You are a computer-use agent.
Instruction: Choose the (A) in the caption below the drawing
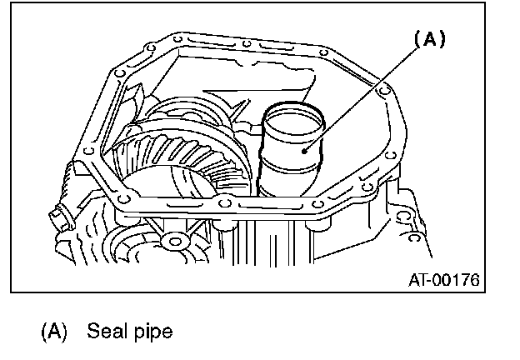pyautogui.click(x=53, y=332)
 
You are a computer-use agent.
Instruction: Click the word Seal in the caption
pyautogui.click(x=103, y=332)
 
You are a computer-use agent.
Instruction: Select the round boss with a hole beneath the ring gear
pyautogui.click(x=172, y=242)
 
